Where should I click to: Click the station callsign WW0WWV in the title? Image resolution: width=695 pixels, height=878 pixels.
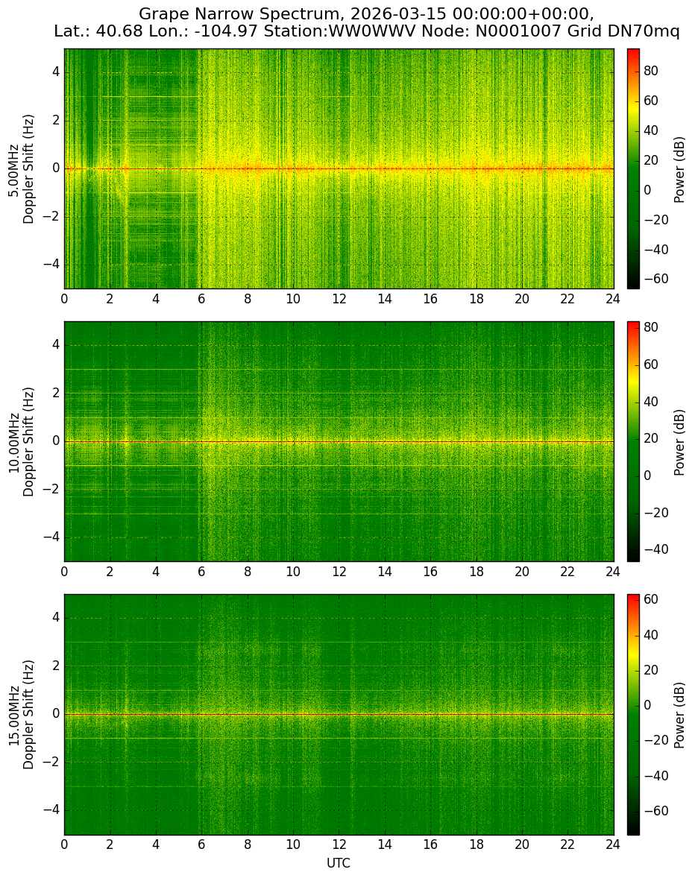click(x=372, y=31)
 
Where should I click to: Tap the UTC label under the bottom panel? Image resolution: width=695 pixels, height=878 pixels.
click(x=339, y=863)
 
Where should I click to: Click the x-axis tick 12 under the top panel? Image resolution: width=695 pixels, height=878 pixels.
click(x=339, y=299)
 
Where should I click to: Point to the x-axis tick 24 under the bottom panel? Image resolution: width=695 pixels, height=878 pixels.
click(x=613, y=844)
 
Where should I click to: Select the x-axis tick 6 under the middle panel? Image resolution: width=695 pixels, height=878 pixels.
click(x=201, y=572)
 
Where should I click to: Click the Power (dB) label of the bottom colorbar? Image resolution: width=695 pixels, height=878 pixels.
click(x=679, y=715)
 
